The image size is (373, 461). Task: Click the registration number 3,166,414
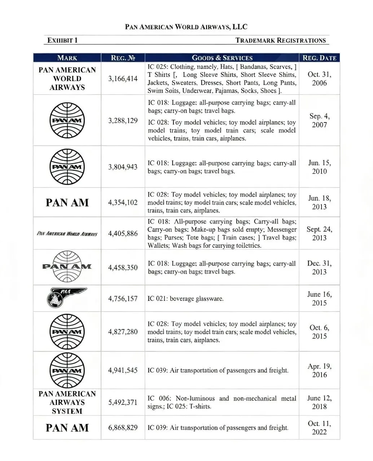pos(123,79)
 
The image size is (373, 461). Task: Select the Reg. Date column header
pos(319,58)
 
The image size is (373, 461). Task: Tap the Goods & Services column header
pos(222,58)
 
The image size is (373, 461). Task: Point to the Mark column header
pos(67,58)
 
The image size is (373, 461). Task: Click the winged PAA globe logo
pos(67,298)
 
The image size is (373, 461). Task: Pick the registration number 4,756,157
pos(123,299)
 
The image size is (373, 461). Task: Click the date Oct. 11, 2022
pos(319,428)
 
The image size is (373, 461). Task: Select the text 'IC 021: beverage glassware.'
pos(185,299)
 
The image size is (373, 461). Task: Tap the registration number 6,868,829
pos(123,428)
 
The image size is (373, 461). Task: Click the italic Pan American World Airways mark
pos(67,233)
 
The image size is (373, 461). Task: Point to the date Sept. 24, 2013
pos(319,233)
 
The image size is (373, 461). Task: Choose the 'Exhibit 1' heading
pos(62,40)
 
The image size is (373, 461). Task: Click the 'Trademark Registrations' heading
pos(281,40)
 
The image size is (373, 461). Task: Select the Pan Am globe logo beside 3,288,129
pos(67,120)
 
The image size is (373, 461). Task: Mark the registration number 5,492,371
pos(123,402)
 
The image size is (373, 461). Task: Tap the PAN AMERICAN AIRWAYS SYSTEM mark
pos(67,402)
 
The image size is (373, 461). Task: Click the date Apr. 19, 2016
pos(319,370)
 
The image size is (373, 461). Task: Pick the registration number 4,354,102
pos(123,202)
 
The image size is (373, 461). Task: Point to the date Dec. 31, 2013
pos(319,267)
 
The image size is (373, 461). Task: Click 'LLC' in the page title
pos(240,27)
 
